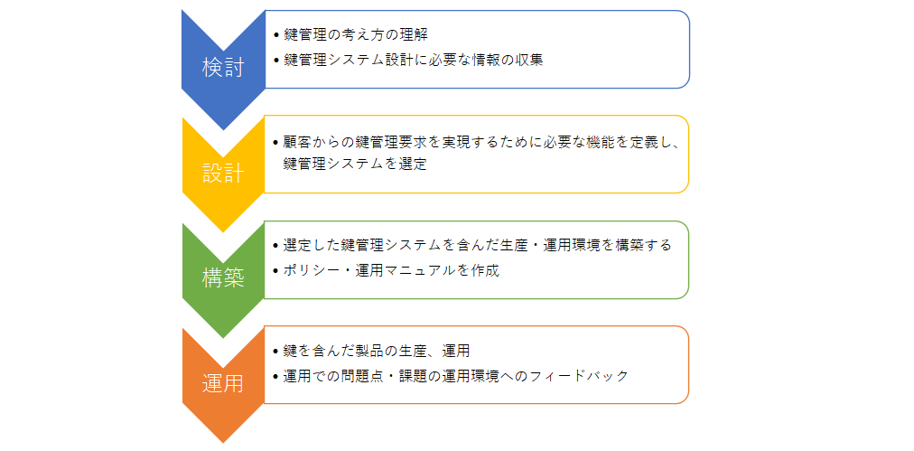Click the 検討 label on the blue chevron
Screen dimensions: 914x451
pos(223,69)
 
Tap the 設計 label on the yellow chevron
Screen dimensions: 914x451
pos(223,174)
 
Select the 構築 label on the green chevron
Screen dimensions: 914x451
pos(223,278)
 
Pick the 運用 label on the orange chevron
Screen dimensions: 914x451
pos(223,383)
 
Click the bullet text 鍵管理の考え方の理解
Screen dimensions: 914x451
pos(356,34)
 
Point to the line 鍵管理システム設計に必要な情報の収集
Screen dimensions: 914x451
pos(414,60)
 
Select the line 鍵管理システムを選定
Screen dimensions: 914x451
pos(355,164)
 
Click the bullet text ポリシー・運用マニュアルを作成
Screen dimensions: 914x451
pos(391,271)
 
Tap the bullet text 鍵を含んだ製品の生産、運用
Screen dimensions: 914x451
pos(377,351)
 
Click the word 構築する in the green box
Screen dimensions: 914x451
pos(643,246)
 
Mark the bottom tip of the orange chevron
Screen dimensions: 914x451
pos(223,443)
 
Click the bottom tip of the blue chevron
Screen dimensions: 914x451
pos(223,129)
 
